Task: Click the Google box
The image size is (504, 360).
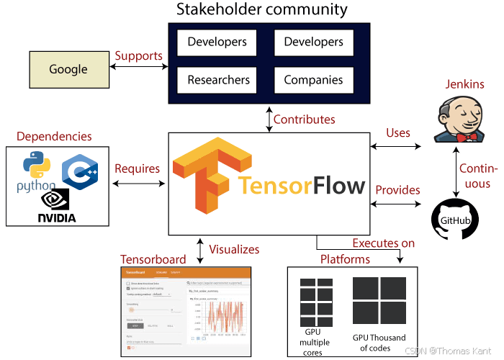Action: pos(68,70)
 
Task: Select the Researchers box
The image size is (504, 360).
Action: pos(218,80)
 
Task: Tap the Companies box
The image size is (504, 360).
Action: pos(313,80)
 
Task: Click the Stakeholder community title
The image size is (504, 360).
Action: pos(262,10)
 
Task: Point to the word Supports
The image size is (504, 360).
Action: pos(138,56)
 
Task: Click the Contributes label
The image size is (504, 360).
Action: pos(304,119)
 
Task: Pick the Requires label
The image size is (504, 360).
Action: pos(137,168)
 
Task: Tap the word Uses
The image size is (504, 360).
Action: pos(398,133)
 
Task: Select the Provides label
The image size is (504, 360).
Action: pos(397,190)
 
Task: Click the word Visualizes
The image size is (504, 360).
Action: pos(233,249)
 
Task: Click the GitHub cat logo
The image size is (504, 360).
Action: pos(454,220)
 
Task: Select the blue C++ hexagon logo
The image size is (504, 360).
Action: pos(79,172)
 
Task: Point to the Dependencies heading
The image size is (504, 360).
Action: pos(54,136)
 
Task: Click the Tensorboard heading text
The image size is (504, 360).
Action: pos(153,258)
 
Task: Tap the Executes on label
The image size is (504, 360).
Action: pos(383,243)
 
